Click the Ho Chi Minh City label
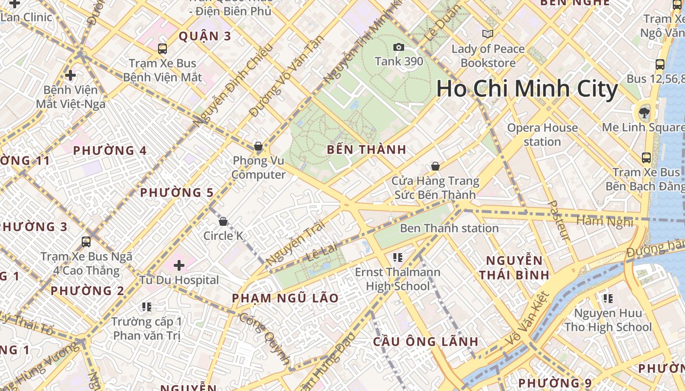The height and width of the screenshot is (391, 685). tap(527, 89)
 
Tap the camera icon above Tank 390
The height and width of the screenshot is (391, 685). tap(399, 47)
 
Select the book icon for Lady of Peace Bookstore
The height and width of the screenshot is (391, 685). tap(488, 34)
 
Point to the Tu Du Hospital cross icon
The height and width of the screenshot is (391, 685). tap(179, 265)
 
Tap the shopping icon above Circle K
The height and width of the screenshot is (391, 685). tap(223, 221)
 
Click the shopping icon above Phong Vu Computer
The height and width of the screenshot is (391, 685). tap(258, 146)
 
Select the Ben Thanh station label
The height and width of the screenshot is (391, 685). tap(449, 228)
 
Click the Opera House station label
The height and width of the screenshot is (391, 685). tap(542, 134)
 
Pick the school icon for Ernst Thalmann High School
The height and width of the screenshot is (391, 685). tap(397, 257)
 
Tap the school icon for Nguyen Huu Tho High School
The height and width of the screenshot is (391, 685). tap(608, 298)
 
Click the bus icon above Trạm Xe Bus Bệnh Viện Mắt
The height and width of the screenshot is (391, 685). tap(162, 49)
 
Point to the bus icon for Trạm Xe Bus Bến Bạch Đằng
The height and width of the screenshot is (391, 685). tap(646, 157)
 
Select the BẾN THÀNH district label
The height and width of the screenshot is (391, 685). tap(366, 150)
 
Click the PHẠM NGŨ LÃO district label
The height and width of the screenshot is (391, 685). tap(285, 298)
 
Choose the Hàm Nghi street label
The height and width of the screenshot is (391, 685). tap(605, 221)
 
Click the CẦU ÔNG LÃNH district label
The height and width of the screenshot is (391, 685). tap(426, 342)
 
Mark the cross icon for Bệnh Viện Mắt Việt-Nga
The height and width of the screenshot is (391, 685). tap(70, 75)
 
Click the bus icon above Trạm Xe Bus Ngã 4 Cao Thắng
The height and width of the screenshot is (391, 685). tap(86, 241)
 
